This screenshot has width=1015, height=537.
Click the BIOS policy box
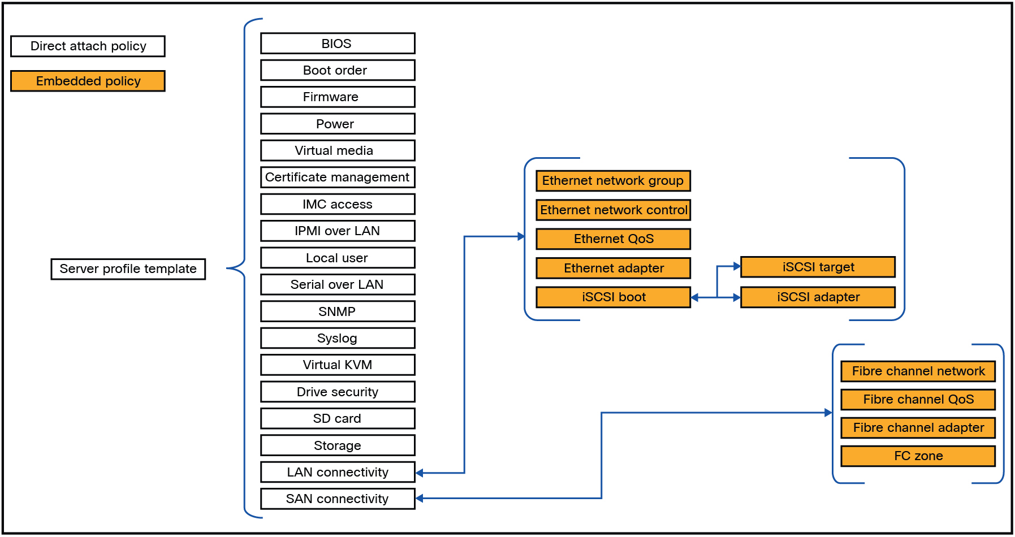click(x=337, y=44)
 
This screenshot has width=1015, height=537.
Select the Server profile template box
click(x=128, y=269)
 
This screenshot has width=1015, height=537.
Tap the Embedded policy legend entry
click(x=88, y=81)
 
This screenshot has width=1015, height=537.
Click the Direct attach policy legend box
click(x=88, y=46)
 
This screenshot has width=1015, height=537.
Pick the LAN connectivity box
click(x=337, y=472)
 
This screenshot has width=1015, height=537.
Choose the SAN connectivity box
click(x=337, y=499)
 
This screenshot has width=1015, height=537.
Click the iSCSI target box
click(x=818, y=267)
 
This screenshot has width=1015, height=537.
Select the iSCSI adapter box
click(x=818, y=297)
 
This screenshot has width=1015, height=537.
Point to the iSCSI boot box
click(x=613, y=297)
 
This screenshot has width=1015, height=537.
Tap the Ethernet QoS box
click(x=613, y=239)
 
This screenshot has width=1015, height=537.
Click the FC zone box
click(x=918, y=456)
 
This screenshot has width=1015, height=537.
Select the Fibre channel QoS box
click(x=918, y=400)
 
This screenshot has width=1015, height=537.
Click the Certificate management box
click(x=337, y=177)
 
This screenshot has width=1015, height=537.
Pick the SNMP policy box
click(x=337, y=311)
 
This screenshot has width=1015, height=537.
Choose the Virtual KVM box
click(x=337, y=365)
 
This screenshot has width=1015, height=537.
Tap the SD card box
click(x=337, y=418)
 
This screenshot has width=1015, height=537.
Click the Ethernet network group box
click(x=613, y=181)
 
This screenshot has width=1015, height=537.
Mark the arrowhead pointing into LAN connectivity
click(x=420, y=473)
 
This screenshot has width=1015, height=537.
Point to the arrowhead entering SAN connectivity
click(x=420, y=498)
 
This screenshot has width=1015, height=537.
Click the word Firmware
click(x=330, y=97)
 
